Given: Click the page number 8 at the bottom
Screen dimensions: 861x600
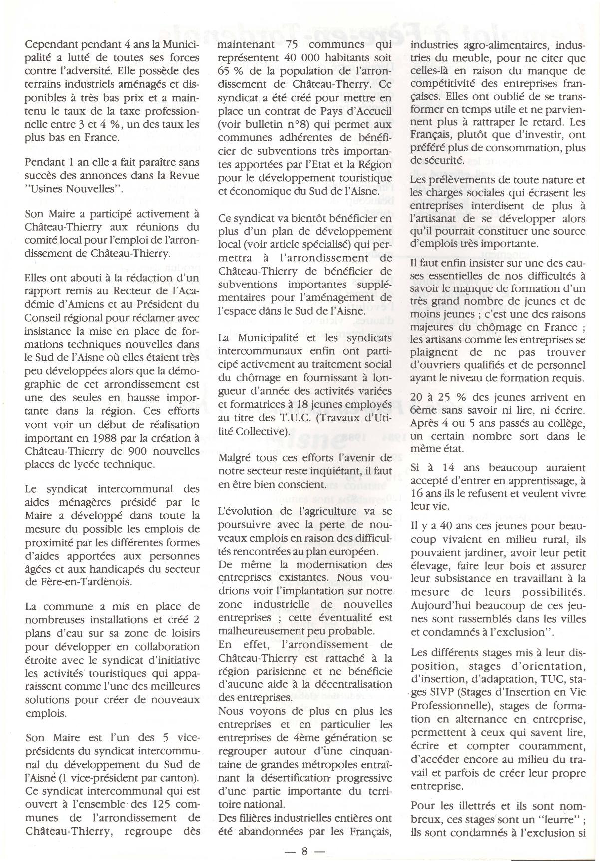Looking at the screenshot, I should pyautogui.click(x=304, y=851).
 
